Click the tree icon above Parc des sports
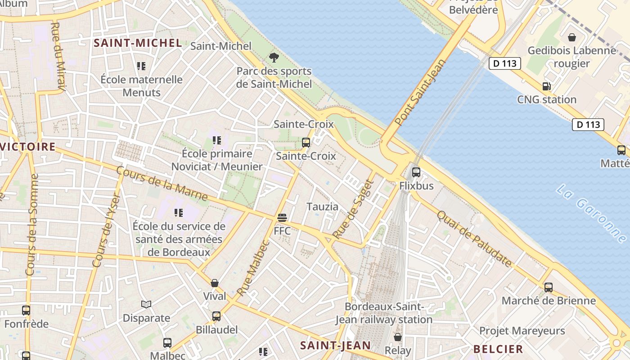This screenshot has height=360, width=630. click(x=274, y=58)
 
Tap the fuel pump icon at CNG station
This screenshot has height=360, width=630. click(x=547, y=86)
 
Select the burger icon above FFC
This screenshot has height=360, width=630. click(x=282, y=218)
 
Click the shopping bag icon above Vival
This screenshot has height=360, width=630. click(x=215, y=283)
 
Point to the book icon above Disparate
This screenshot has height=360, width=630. click(x=146, y=305)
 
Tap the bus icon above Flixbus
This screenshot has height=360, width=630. click(x=416, y=172)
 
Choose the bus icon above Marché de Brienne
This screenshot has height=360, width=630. click(x=548, y=287)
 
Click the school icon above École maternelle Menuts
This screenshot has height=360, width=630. click(x=141, y=66)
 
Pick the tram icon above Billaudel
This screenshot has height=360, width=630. click(x=216, y=316)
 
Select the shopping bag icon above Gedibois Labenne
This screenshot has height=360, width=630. click(x=571, y=37)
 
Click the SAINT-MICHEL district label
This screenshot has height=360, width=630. click(x=138, y=43)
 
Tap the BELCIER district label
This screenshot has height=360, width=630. click(x=498, y=349)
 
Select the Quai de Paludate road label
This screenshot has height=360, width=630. click(x=474, y=238)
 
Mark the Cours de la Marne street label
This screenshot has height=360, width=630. click(x=162, y=184)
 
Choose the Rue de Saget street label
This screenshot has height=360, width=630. click(x=354, y=209)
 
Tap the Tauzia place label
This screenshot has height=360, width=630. click(x=322, y=207)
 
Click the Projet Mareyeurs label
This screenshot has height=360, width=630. click(x=522, y=331)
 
